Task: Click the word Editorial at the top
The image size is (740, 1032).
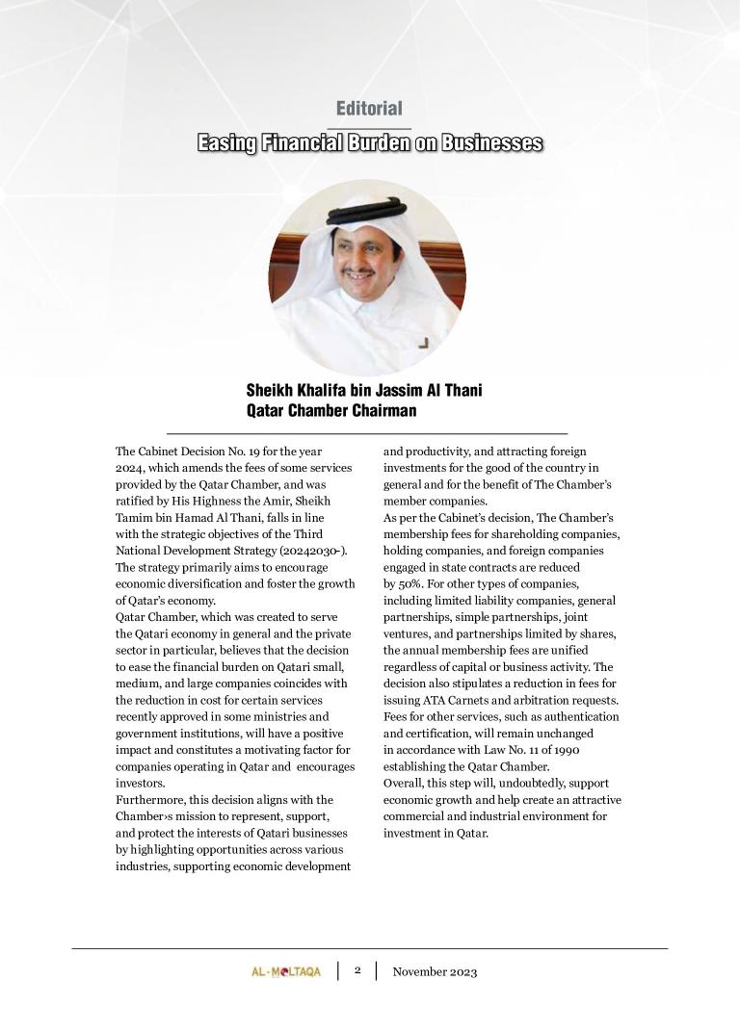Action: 369,109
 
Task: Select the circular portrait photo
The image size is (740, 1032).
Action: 367,277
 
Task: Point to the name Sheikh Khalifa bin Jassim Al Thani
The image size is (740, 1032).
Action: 364,390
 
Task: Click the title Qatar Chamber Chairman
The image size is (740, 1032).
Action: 331,410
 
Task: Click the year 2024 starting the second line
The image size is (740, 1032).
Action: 129,467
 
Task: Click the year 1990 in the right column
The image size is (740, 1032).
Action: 565,750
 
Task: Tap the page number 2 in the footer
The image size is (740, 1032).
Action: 357,970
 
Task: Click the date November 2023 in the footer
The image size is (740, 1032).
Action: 435,971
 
